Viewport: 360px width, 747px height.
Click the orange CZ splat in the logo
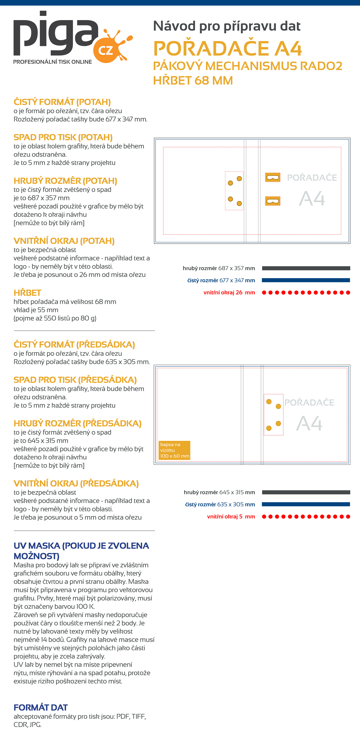109,48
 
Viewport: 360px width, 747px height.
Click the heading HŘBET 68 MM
193,80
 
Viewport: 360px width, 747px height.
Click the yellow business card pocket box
174,450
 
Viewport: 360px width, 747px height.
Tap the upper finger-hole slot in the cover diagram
273,177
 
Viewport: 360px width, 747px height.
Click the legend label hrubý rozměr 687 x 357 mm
219,268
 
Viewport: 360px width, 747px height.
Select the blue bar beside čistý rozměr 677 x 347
306,280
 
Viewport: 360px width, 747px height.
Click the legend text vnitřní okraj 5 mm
231,516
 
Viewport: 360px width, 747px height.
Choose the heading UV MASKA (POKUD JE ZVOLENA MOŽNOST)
81,551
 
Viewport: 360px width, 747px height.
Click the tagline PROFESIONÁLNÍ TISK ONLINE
52,62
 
